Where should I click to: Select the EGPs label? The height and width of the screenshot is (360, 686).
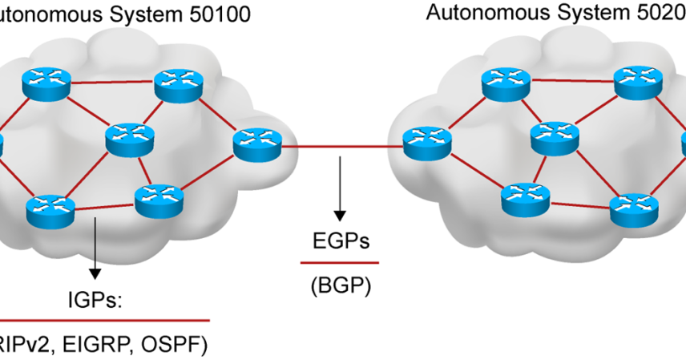pyautogui.click(x=340, y=241)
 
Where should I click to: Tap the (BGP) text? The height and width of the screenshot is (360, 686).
pyautogui.click(x=341, y=285)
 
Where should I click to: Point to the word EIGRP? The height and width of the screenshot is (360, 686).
pyautogui.click(x=96, y=345)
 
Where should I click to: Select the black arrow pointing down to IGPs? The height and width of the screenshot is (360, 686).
pyautogui.click(x=95, y=248)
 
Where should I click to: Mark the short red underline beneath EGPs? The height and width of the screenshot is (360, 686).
pyautogui.click(x=340, y=262)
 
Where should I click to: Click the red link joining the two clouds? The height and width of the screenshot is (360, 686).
pyautogui.click(x=341, y=147)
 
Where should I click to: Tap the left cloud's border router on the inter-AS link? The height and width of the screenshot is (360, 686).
pyautogui.click(x=257, y=143)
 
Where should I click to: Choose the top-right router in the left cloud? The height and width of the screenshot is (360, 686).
pyautogui.click(x=176, y=83)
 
